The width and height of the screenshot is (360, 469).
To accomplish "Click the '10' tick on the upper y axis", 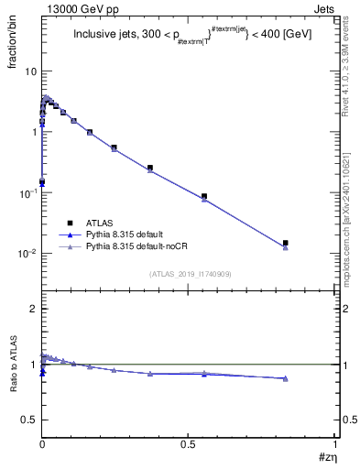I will pos(30,71).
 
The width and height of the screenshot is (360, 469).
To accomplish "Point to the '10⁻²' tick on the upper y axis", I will pos(28,254).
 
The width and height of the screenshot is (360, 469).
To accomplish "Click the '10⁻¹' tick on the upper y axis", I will pos(28,193).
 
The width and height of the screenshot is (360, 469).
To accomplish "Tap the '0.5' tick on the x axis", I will pos(189,443).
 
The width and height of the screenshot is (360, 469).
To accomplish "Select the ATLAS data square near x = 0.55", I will pos(204,196).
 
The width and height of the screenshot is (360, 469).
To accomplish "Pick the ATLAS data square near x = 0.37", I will pos(150,168).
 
